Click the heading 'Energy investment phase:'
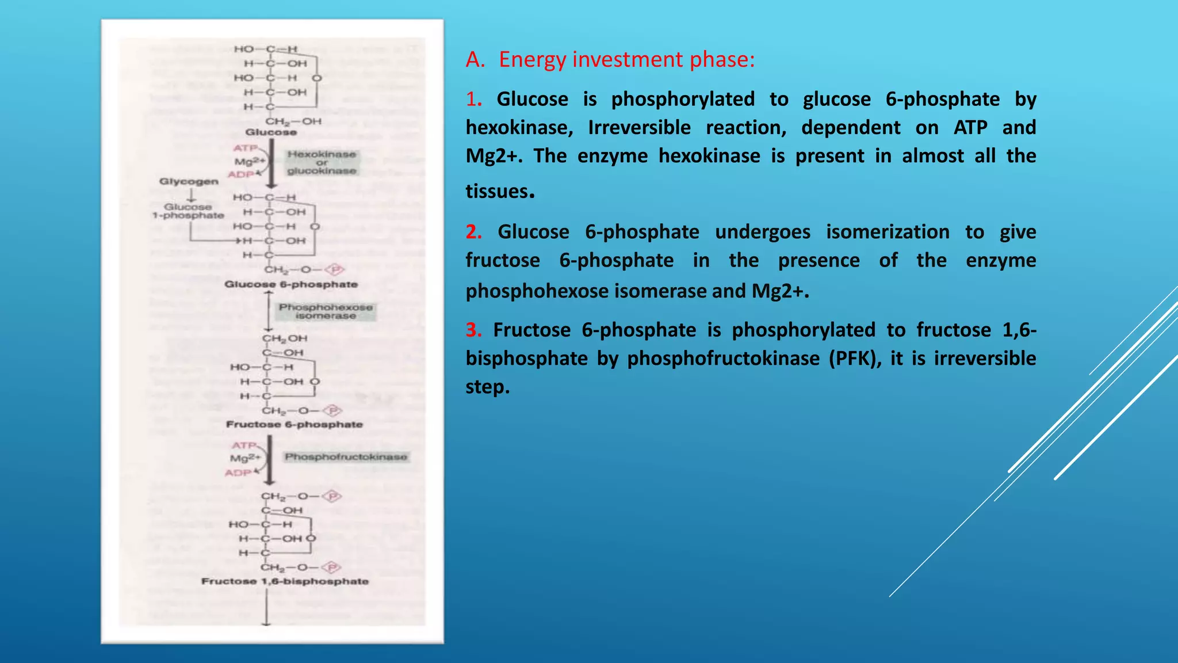(x=626, y=59)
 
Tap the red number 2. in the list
(x=473, y=231)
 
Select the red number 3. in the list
(x=473, y=330)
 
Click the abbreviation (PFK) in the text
(x=855, y=358)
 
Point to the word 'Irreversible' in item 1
(x=639, y=127)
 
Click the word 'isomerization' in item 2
(x=888, y=231)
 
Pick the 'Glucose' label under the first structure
(x=271, y=132)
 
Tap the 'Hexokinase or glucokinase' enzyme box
(x=322, y=162)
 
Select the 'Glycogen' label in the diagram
(x=189, y=181)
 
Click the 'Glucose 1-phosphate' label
(x=188, y=211)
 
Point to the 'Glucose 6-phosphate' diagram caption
(x=291, y=284)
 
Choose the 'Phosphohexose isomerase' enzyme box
(x=326, y=311)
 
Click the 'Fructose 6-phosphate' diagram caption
(x=294, y=424)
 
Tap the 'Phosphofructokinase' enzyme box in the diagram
(x=346, y=457)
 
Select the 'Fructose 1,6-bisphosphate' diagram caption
(x=285, y=581)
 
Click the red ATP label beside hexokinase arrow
(x=245, y=148)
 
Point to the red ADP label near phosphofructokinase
(x=238, y=473)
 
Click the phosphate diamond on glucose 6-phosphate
(x=335, y=269)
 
